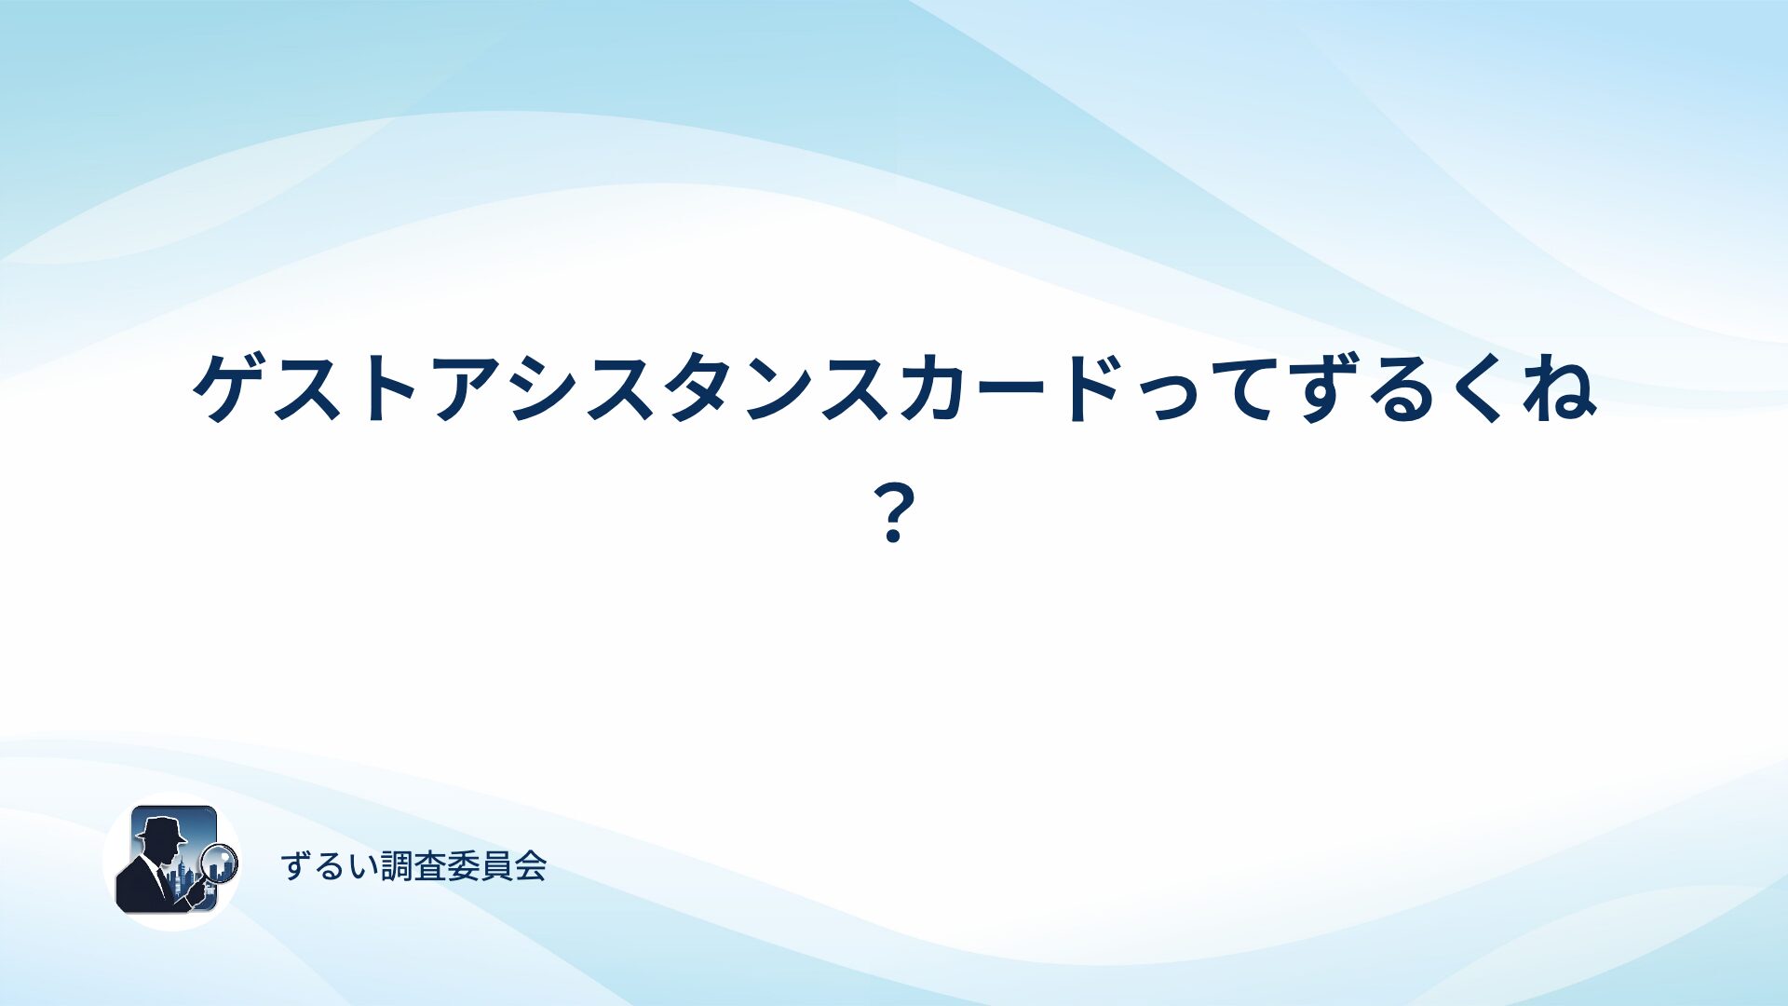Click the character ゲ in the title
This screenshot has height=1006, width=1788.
(230, 387)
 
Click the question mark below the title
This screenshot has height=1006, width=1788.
(893, 513)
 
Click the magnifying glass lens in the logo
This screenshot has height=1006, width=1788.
(220, 862)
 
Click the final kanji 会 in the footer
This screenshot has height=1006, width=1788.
(531, 866)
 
